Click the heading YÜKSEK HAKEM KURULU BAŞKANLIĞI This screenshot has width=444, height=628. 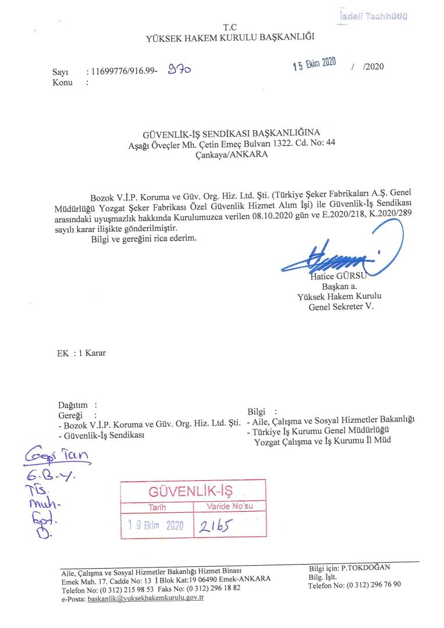[230, 38]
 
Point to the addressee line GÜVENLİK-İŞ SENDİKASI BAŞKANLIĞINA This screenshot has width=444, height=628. [232, 133]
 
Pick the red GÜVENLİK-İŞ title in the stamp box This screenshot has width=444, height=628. [192, 493]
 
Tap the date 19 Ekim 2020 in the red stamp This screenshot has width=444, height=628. [156, 526]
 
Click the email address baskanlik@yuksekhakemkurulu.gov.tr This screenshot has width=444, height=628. [145, 598]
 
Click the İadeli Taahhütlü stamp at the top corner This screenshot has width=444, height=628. [372, 17]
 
